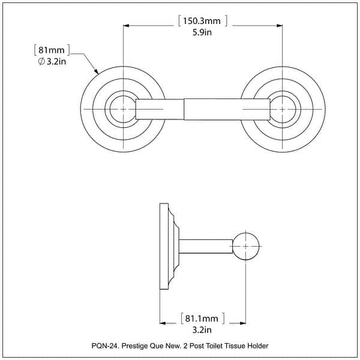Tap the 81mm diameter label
coord(52,50)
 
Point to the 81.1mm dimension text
coord(203,318)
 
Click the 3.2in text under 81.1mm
coord(203,329)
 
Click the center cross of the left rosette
coord(124,110)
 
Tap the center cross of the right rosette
coord(282,110)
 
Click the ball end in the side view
coord(246,247)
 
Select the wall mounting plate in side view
coord(163,247)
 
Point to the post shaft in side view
coord(205,247)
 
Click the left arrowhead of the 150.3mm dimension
coord(127,25)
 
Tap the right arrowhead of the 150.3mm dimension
coord(278,25)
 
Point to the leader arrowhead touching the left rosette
coord(97,72)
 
